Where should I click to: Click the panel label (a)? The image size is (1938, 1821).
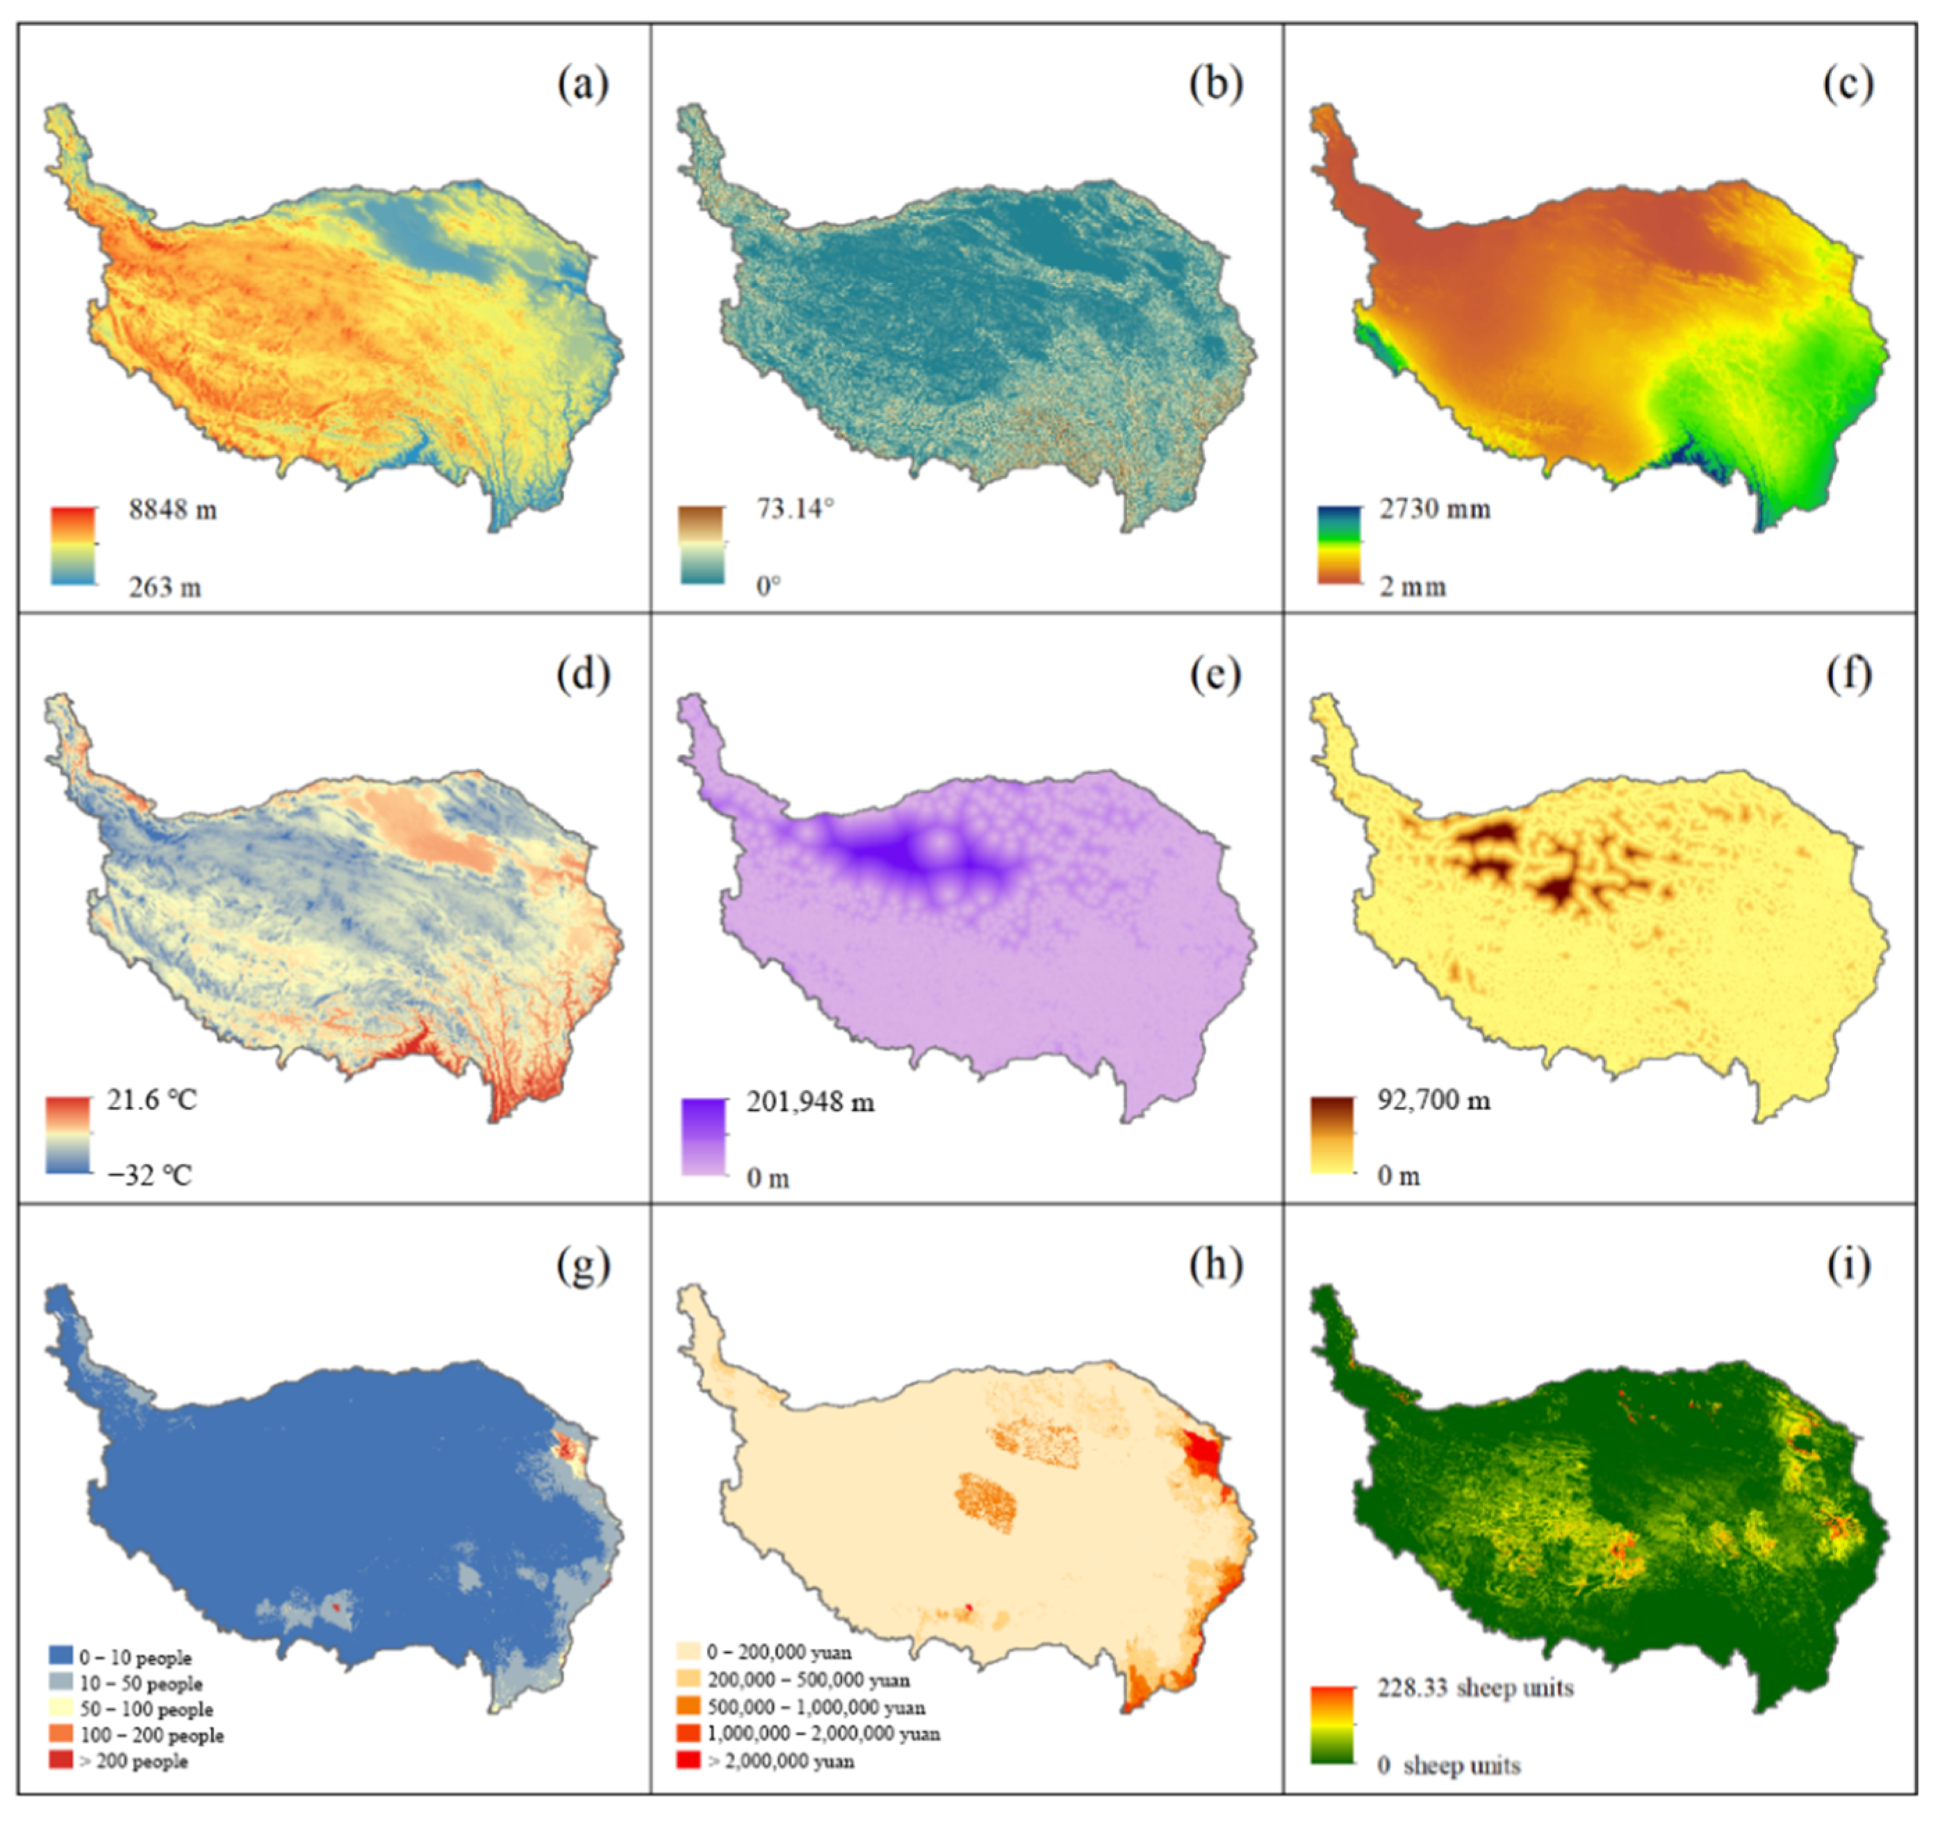click(583, 85)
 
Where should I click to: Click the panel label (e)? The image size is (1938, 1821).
click(1215, 675)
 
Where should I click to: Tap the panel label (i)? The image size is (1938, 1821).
click(1848, 1265)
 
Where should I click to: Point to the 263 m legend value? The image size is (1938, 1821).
click(165, 587)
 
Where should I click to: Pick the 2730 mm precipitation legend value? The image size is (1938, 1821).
click(1434, 509)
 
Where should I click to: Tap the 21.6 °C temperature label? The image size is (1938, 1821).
click(152, 1101)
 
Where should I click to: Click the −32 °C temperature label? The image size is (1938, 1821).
click(150, 1176)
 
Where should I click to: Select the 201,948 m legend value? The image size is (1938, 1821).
click(810, 1103)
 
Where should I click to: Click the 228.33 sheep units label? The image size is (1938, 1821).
click(1475, 1688)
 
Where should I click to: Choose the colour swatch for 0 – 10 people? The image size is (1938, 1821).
click(60, 1655)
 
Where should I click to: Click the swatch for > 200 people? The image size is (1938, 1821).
click(60, 1760)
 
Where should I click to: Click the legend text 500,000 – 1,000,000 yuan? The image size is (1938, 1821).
click(816, 1707)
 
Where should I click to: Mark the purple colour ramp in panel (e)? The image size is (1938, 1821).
click(704, 1137)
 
